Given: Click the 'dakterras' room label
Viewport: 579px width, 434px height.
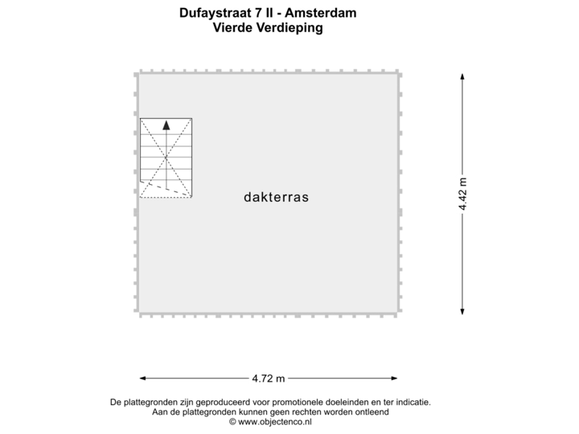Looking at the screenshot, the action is point(276,197).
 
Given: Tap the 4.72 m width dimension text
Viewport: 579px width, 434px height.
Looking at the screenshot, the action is point(269,379).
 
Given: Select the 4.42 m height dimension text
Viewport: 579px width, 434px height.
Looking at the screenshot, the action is point(462,194).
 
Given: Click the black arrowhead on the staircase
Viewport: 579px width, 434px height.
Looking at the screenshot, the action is point(166,125).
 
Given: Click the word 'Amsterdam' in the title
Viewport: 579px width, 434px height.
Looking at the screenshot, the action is point(321,13).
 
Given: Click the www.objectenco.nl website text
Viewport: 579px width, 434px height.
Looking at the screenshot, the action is point(275,422).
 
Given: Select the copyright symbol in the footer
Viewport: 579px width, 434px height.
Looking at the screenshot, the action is point(232,422).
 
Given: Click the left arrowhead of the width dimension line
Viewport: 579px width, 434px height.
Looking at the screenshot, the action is point(142,378).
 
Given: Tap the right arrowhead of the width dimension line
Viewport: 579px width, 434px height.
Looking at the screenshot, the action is point(394,378).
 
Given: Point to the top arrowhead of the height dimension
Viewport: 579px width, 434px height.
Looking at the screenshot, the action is point(462,77).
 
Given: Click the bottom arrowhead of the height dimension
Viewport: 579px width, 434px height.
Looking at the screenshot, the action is point(462,312).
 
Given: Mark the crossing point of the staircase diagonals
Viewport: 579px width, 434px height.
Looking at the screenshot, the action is point(166,158).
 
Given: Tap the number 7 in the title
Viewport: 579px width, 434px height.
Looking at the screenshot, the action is point(258,13).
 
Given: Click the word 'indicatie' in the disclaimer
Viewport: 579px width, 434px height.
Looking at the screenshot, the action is point(413,402).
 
